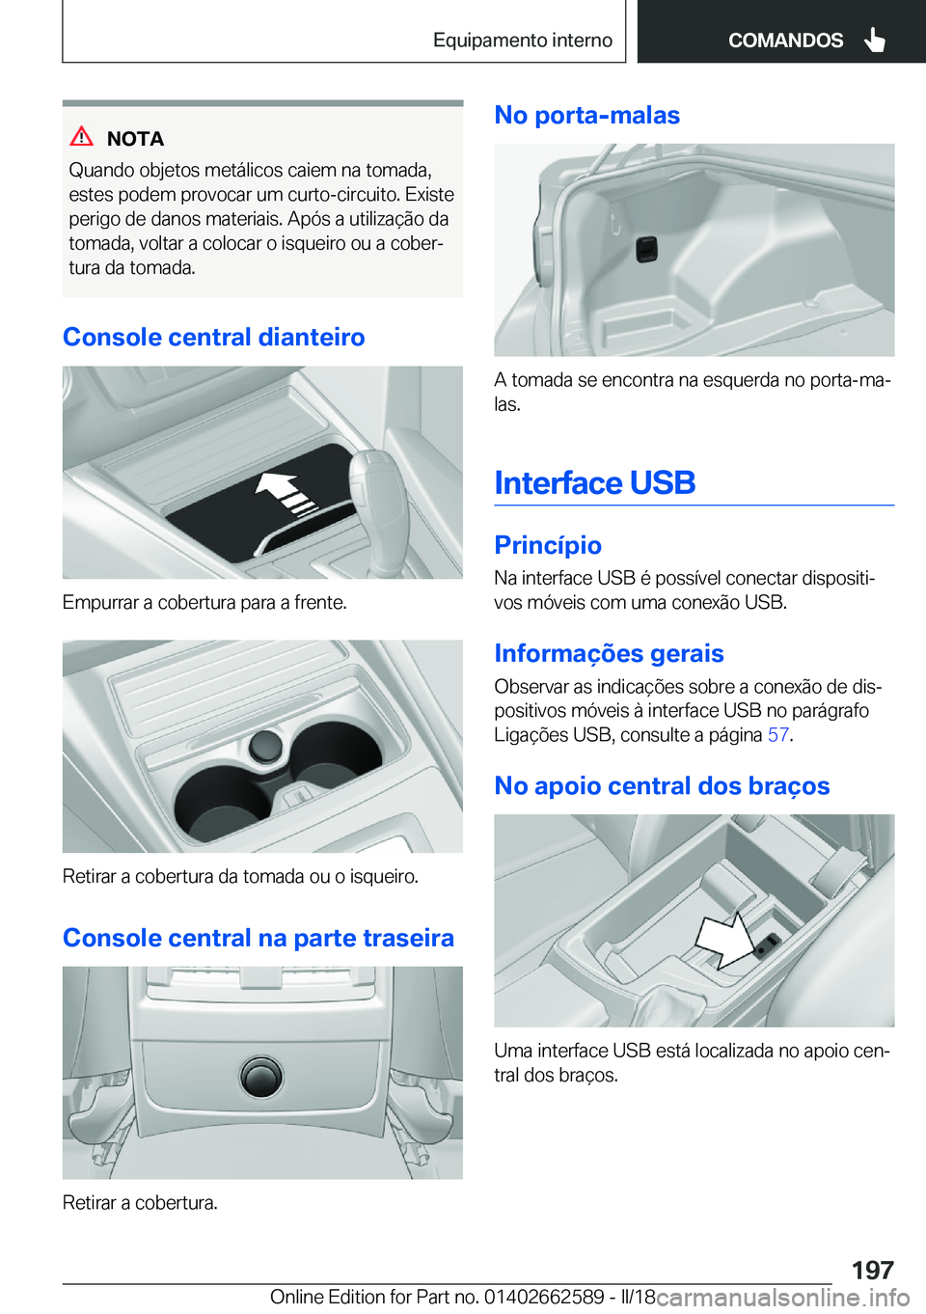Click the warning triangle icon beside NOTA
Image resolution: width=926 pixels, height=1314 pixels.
coord(82,137)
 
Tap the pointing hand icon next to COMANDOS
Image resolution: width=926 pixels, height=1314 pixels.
coord(875,40)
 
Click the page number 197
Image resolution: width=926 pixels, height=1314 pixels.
coord(872,1270)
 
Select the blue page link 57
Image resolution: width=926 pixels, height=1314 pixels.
coord(778,735)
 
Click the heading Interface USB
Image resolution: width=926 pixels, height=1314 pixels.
coord(595,482)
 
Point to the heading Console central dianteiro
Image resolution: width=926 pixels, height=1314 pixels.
coord(214,337)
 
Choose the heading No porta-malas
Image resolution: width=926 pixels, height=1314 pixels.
coord(586,115)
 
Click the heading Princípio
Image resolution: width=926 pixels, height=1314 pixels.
coord(548,545)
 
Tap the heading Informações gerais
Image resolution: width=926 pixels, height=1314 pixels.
coord(609,653)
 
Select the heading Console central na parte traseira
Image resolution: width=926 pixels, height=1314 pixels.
coord(259,938)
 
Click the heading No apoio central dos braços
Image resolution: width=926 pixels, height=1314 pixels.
coord(662,785)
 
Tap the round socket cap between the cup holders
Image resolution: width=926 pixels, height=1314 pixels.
coord(265,746)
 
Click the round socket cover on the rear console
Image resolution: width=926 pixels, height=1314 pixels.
coord(261,1076)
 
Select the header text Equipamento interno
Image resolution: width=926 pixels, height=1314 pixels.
coord(522,40)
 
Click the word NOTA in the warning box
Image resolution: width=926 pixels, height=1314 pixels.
coord(135,139)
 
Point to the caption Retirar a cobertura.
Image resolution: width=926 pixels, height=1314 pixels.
coord(140,1202)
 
